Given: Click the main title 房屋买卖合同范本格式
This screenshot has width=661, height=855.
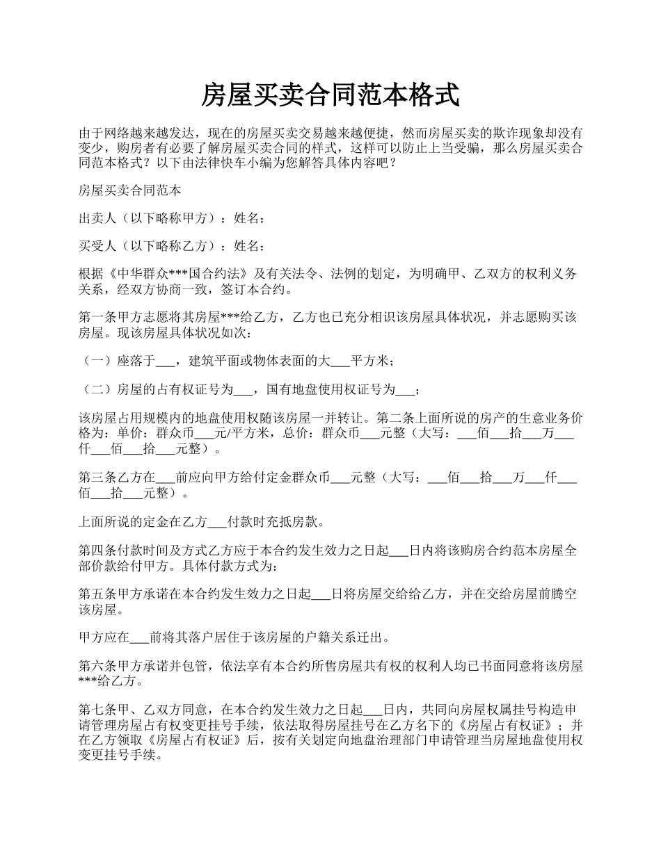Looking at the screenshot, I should pos(330,95).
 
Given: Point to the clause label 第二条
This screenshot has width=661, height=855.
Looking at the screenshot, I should pos(395,418).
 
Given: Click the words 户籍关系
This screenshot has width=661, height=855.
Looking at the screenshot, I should pos(335,637).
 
